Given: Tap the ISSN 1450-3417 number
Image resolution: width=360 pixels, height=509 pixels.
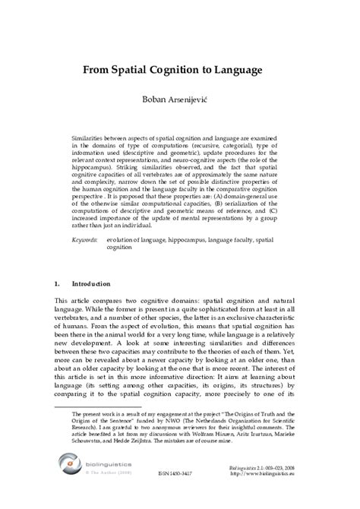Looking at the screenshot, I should (178, 493).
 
